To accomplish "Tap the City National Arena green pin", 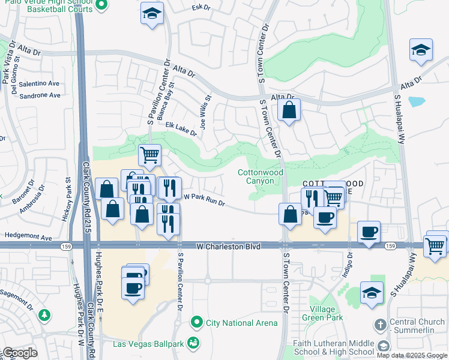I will click(196, 323).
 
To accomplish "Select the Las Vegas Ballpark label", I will click(149, 344).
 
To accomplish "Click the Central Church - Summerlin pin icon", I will click(380, 326).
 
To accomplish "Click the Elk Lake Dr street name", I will click(181, 129).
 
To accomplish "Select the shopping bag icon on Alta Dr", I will click(289, 110).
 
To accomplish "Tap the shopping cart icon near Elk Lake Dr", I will click(149, 155).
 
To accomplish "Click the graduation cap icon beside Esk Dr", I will click(152, 13).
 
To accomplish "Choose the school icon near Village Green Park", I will click(372, 293).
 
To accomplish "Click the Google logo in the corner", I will click(19, 353).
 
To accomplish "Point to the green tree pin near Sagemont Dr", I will click(44, 315).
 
